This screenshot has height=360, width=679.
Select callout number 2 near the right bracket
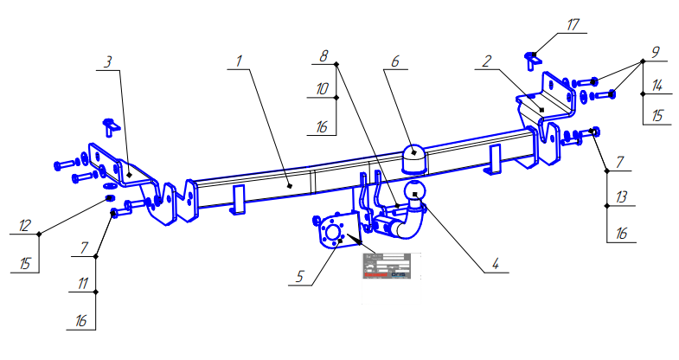[488, 62]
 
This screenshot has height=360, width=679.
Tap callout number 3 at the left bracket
[109, 62]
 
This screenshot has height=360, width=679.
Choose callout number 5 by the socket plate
[300, 277]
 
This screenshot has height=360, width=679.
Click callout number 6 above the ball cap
[394, 62]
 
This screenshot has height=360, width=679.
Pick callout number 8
[323, 55]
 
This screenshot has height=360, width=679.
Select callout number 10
[321, 89]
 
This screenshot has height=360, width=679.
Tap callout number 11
[82, 282]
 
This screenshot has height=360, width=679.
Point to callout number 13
[620, 197]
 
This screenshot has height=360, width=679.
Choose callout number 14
[657, 85]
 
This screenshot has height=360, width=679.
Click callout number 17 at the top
[573, 26]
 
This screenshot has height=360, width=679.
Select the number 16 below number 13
[620, 233]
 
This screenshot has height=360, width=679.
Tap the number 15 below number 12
[25, 262]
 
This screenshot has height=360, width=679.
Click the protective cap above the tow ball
[415, 160]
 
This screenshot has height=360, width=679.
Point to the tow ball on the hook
[416, 190]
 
